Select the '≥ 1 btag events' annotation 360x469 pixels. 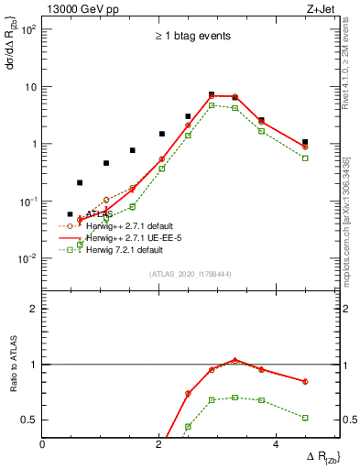(x=191, y=36)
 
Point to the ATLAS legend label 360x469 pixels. (x=99, y=213)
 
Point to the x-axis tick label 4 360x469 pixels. (x=275, y=443)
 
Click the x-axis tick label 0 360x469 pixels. (x=43, y=443)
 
